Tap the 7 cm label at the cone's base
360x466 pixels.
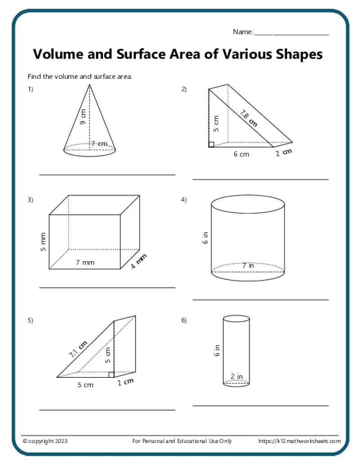(x=99, y=144)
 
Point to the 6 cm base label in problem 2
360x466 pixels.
(x=241, y=154)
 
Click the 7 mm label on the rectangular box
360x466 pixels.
(x=85, y=262)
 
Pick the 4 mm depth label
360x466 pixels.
(x=139, y=261)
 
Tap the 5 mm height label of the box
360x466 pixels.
(x=43, y=243)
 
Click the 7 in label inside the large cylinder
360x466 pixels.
(x=248, y=266)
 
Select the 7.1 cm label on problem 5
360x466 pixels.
(x=78, y=349)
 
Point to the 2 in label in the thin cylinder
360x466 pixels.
(x=237, y=376)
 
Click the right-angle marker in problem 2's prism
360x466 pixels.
(x=211, y=144)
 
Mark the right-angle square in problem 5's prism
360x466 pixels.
(x=111, y=374)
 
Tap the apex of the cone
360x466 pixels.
(x=90, y=85)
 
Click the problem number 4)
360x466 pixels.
(x=184, y=200)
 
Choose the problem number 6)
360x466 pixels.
(x=184, y=321)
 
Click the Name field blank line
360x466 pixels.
(x=292, y=34)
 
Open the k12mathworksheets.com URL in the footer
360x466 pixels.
(x=299, y=441)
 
